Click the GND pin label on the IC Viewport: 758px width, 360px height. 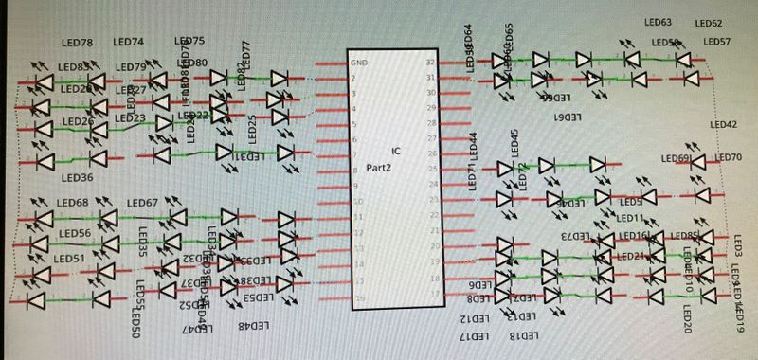(359, 63)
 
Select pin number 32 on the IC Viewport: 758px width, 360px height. (430, 63)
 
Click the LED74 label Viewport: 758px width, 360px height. (128, 43)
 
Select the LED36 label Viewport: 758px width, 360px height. (77, 177)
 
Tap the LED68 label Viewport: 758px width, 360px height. (72, 203)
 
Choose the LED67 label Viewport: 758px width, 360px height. (142, 203)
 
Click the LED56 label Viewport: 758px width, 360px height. (75, 234)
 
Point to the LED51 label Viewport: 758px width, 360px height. (69, 258)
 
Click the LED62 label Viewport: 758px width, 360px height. (709, 24)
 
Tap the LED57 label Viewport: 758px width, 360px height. (717, 42)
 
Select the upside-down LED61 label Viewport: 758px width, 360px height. (566, 116)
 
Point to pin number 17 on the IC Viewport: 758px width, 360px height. (430, 295)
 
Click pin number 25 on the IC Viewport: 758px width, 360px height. (430, 171)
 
